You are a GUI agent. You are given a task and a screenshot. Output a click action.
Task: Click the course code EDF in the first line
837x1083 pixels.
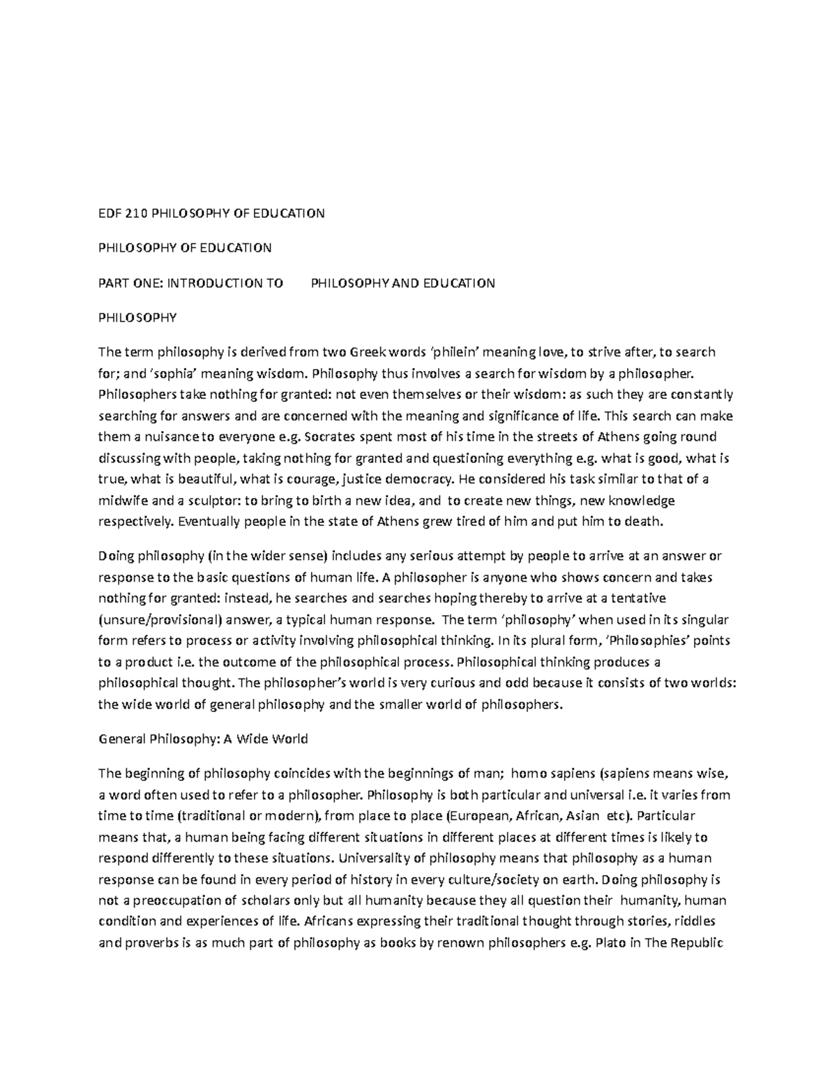109,213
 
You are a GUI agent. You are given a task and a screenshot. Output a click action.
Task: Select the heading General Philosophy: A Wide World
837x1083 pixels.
203,739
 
